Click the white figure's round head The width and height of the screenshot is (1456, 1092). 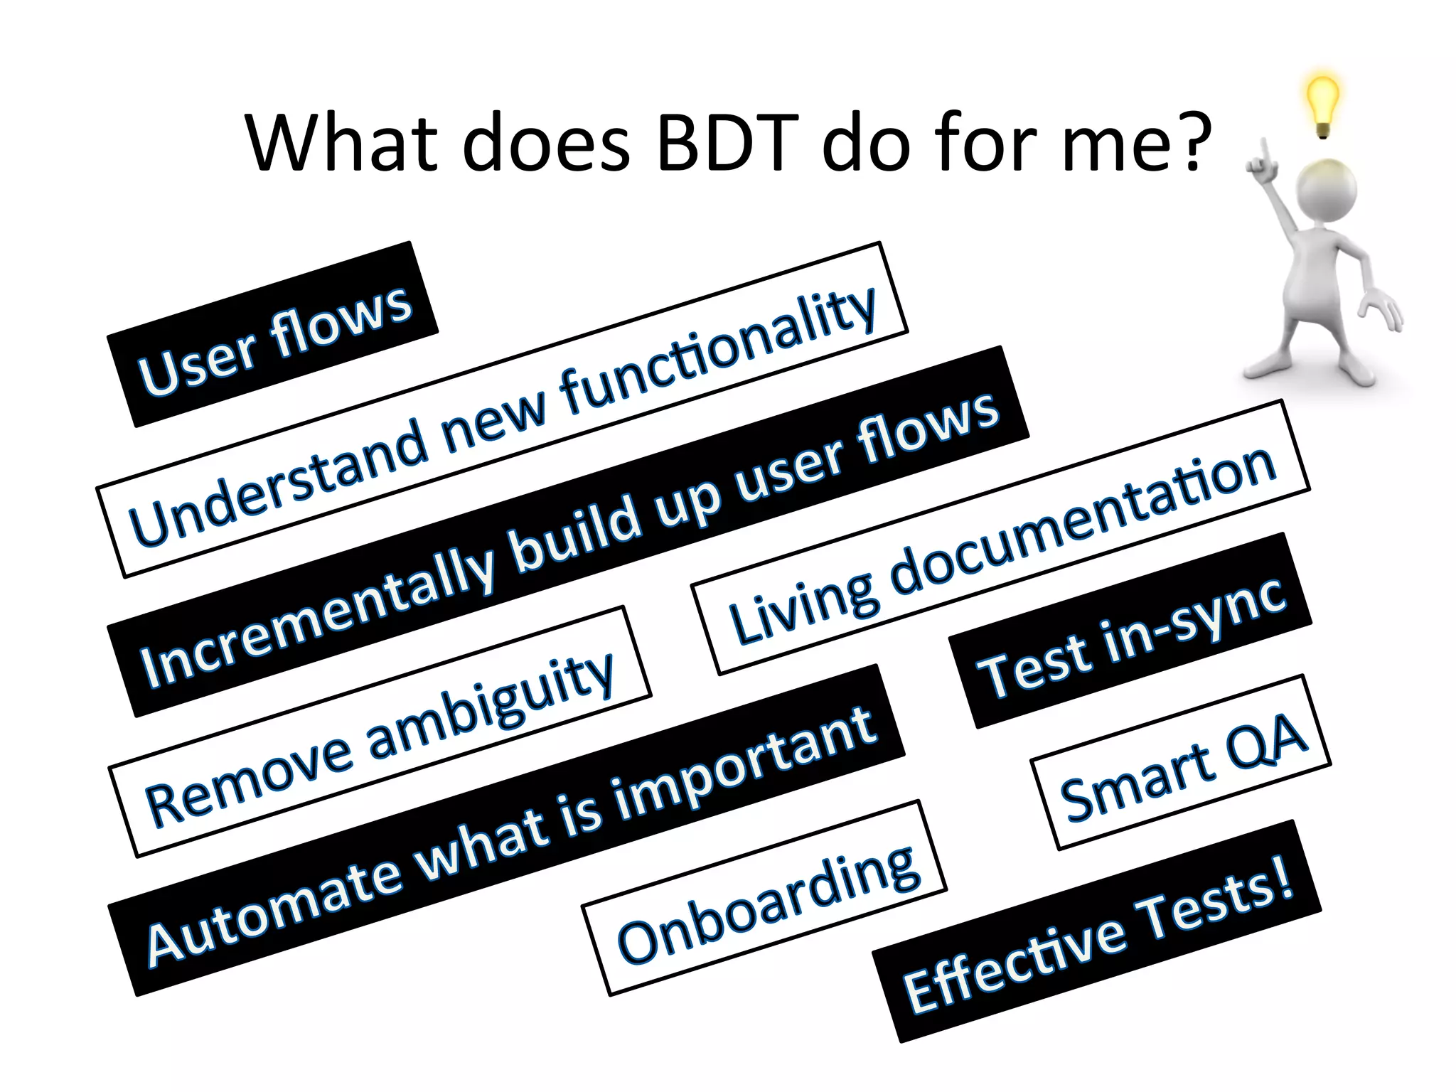pyautogui.click(x=1327, y=189)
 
